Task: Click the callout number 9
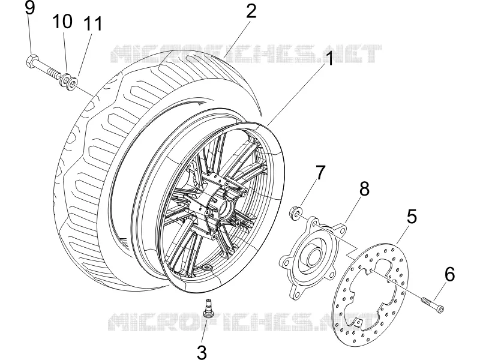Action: coord(29,8)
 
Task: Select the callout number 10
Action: coord(62,22)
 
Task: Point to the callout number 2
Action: coord(250,11)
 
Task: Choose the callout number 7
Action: coord(319,173)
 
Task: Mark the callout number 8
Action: coord(364,189)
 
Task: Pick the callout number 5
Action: coord(412,217)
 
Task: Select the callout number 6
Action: coord(449,274)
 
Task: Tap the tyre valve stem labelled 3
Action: coord(208,308)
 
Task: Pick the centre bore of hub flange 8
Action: coord(312,256)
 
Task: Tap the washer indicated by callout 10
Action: coord(65,80)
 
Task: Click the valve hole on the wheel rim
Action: coord(208,268)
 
